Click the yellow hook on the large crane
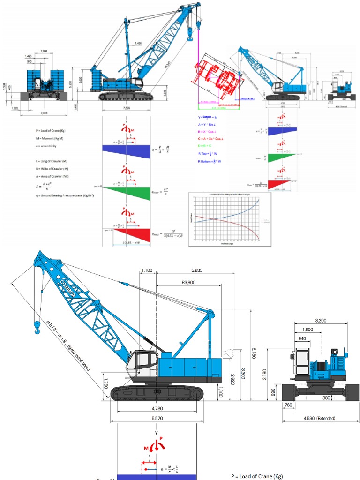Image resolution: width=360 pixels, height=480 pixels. tap(37, 327)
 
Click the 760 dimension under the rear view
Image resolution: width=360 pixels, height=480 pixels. tap(287, 405)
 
